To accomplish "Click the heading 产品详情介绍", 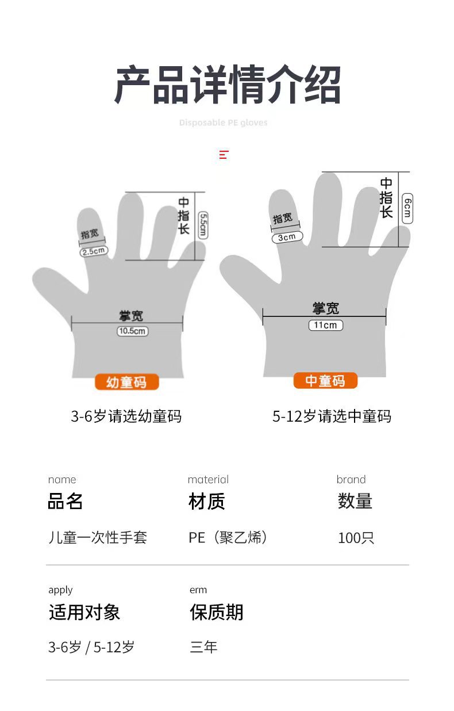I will coord(227,85).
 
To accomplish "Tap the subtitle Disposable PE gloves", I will coord(223,123).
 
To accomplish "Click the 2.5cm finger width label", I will coord(93,251).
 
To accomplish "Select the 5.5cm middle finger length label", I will coord(203,225).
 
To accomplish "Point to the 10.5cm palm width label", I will coord(132,331).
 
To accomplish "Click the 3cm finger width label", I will coord(287,237).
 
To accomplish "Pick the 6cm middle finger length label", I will coord(407,208).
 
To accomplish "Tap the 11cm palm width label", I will coord(325,325).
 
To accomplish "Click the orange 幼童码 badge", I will coord(126,382).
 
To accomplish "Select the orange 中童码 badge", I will coord(325,380).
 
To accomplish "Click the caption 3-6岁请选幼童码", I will coord(126,416).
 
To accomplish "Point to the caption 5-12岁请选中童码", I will coord(332,416).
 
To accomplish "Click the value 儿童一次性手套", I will coord(98,537).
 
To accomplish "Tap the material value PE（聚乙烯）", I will coord(228,537).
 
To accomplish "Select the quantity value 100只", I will coord(356,538).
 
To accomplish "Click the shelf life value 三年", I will coord(203,647).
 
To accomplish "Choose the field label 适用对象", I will coord(84,612).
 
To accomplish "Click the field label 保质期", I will coord(217,612).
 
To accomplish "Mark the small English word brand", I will coord(351,479).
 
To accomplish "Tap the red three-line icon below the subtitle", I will coord(224,155).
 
